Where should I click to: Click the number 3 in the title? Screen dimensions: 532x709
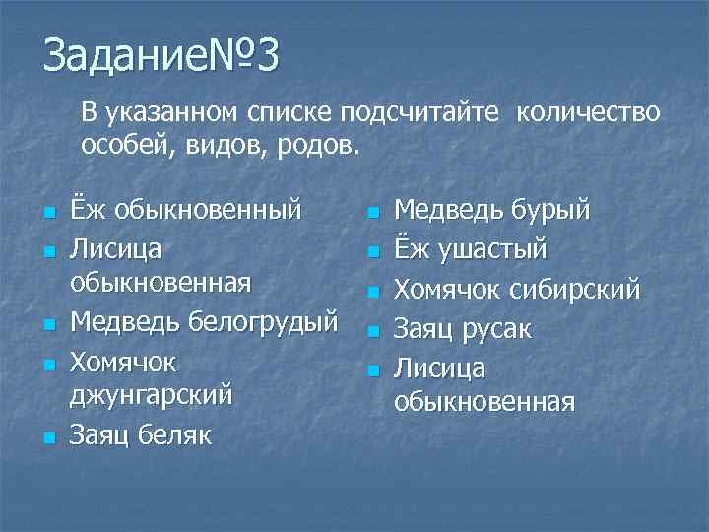(263, 55)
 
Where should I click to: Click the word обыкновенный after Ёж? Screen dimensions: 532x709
(209, 210)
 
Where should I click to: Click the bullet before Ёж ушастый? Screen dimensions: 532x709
(372, 252)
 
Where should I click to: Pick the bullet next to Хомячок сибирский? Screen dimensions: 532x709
(372, 292)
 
